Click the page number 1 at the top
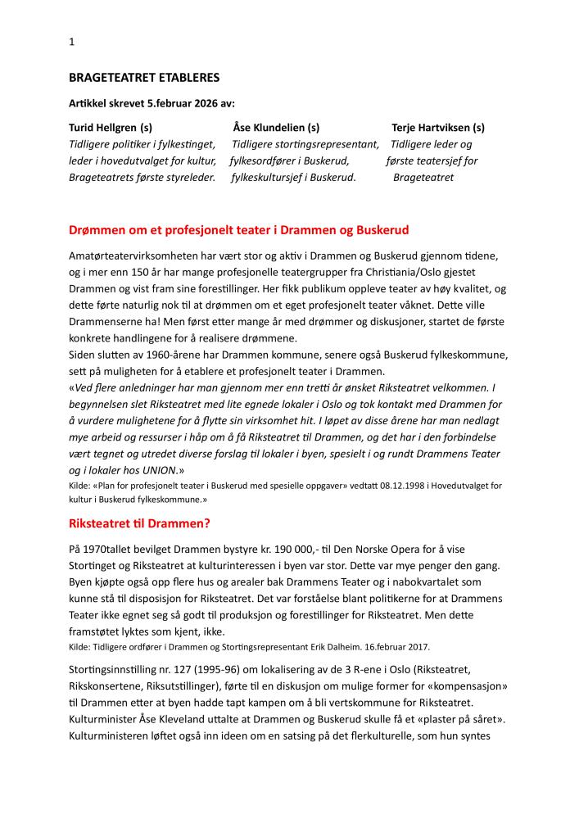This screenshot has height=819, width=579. (71, 42)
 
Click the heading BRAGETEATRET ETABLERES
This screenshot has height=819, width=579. (144, 79)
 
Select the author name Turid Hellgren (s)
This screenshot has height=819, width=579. (111, 128)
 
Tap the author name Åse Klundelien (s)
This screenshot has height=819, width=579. (276, 128)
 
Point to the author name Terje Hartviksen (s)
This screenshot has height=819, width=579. (438, 128)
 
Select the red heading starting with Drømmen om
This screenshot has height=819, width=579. (238, 230)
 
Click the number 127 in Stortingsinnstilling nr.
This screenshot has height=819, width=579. (177, 669)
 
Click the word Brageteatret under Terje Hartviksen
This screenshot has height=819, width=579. (423, 177)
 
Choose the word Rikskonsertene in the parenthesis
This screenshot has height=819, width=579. (107, 686)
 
